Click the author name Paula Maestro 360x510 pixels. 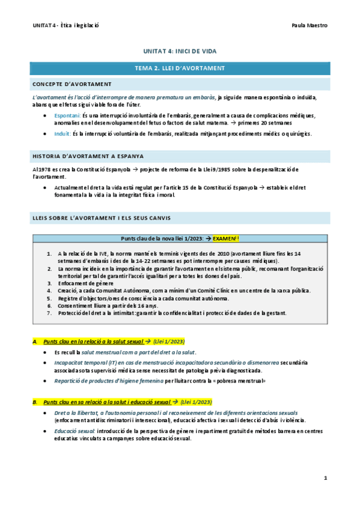(309, 25)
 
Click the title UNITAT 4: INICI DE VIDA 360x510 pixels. (180, 52)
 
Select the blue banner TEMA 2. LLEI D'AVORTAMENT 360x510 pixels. (180, 68)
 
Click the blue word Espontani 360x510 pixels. (66, 114)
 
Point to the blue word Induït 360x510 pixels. (63, 134)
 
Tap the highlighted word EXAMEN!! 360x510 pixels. (224, 238)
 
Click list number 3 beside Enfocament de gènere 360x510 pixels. (49, 283)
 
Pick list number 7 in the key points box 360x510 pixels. (49, 313)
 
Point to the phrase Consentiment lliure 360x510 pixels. (79, 306)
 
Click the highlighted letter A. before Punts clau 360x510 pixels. (36, 341)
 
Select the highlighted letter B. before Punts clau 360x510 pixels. (36, 401)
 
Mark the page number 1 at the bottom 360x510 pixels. (325, 478)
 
